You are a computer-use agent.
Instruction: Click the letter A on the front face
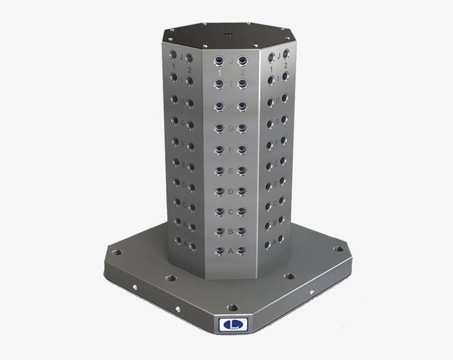point(230,251)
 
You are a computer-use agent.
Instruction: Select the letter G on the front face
point(230,128)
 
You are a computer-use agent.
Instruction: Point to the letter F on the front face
point(230,149)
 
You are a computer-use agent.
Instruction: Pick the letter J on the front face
point(230,60)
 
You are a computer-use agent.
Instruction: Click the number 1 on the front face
point(219,72)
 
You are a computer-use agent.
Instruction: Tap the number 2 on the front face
point(242,72)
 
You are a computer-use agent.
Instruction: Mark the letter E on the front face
point(230,170)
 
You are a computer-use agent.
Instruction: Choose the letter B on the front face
point(230,231)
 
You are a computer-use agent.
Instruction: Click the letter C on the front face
point(230,211)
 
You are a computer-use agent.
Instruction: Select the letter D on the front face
point(230,191)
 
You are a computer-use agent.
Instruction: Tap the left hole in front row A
point(219,251)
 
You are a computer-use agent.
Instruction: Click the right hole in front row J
point(242,60)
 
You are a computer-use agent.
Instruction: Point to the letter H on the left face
point(182,101)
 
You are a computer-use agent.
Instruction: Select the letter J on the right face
point(279,55)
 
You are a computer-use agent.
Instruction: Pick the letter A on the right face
point(275,242)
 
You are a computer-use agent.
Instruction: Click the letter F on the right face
point(276,145)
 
